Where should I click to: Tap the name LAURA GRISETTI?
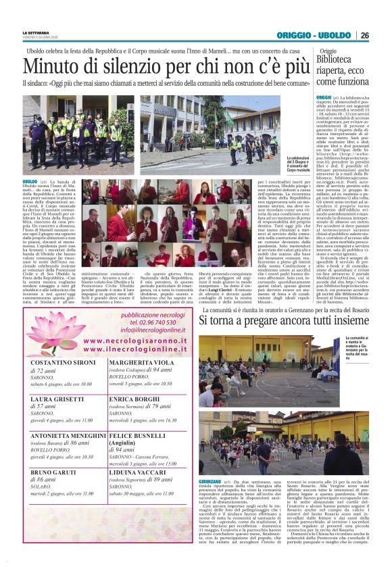coord(56,400)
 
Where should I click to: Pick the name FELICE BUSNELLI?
coord(137,436)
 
